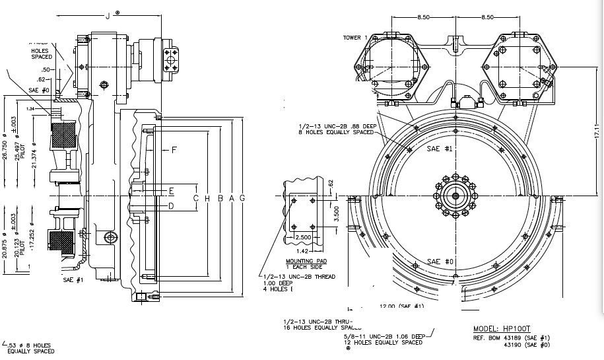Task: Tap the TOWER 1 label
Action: tap(355, 37)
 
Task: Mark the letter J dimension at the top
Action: tap(108, 15)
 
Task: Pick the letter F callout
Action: tap(174, 150)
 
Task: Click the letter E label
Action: tap(170, 191)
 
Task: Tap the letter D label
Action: tap(170, 206)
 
